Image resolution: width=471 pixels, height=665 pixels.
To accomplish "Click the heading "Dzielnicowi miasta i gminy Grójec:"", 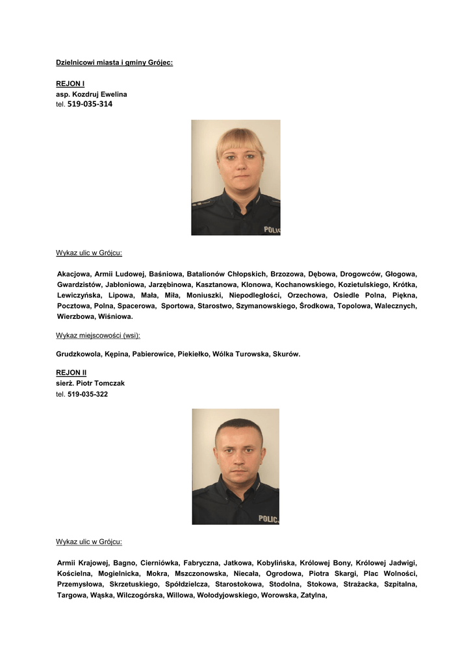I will click(x=114, y=63).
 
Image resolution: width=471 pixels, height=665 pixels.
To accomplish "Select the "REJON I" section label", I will click(x=70, y=84).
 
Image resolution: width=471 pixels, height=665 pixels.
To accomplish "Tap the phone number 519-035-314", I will click(x=90, y=104).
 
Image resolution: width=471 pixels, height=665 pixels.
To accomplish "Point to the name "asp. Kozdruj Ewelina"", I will click(x=92, y=94).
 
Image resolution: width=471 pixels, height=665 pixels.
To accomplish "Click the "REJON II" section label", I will click(x=71, y=373).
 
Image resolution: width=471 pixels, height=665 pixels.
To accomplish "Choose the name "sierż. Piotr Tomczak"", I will click(x=90, y=383).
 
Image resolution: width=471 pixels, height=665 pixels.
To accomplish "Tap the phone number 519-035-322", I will click(x=88, y=394).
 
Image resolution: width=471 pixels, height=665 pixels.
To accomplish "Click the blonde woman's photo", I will click(x=236, y=177).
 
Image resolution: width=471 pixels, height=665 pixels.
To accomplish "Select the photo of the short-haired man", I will click(x=236, y=466).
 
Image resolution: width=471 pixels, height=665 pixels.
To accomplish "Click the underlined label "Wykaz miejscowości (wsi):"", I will click(x=98, y=335).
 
